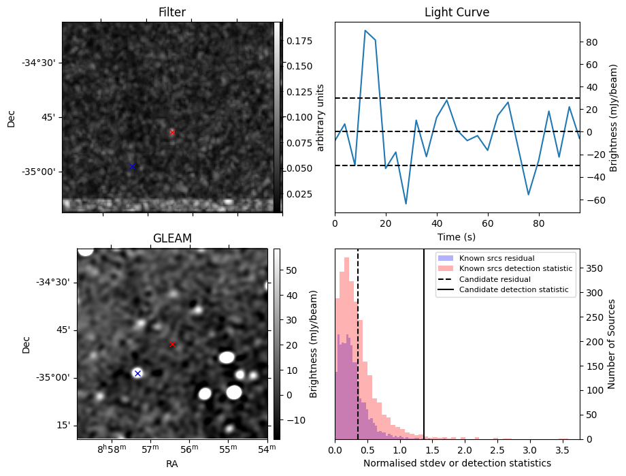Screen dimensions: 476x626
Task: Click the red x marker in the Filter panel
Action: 172,132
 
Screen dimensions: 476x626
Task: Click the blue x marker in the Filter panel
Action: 133,166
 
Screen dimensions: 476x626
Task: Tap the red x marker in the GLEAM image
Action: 172,345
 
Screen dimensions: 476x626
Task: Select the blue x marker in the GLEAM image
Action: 137,373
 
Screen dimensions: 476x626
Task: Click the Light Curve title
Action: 457,12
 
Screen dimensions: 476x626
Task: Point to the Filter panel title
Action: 172,12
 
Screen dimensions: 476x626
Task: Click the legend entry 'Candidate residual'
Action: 496,279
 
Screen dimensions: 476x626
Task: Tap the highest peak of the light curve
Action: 365,31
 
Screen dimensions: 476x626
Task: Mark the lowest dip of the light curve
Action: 406,204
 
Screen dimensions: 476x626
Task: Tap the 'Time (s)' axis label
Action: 457,236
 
